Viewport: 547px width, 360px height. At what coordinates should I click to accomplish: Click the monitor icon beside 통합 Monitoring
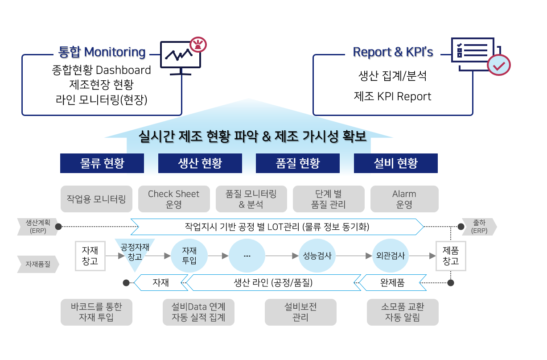pyautogui.click(x=181, y=58)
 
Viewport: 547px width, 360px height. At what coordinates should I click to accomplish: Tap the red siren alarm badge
pyautogui.click(x=198, y=45)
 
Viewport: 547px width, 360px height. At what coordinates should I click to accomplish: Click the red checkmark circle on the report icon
pyautogui.click(x=499, y=65)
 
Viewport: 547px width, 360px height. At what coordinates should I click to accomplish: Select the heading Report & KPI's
pyautogui.click(x=393, y=52)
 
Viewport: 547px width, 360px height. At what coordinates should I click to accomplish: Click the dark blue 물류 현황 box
pyautogui.click(x=102, y=163)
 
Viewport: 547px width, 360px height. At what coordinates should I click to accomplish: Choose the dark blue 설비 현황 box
pyautogui.click(x=395, y=163)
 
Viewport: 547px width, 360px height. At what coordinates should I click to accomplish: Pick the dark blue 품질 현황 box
pyautogui.click(x=298, y=163)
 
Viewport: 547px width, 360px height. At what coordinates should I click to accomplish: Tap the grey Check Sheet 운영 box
pyautogui.click(x=174, y=199)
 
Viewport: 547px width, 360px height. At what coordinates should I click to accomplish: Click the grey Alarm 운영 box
pyautogui.click(x=404, y=199)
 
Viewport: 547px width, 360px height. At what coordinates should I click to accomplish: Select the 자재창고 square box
pyautogui.click(x=90, y=256)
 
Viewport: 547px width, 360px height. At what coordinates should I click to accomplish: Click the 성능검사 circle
pyautogui.click(x=317, y=256)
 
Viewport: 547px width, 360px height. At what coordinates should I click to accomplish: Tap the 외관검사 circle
pyautogui.click(x=391, y=256)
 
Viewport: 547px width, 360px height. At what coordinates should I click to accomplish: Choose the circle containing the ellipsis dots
pyautogui.click(x=247, y=256)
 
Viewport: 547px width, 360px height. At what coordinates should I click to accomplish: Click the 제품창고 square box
pyautogui.click(x=451, y=256)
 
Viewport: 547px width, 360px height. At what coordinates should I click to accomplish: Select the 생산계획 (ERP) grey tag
pyautogui.click(x=37, y=227)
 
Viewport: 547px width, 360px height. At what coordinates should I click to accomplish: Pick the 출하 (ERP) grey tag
pyautogui.click(x=479, y=227)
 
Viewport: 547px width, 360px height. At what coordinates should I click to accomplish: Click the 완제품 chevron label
pyautogui.click(x=392, y=283)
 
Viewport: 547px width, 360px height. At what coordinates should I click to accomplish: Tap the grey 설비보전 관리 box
pyautogui.click(x=300, y=312)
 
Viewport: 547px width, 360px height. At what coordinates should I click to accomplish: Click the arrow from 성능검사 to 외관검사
pyautogui.click(x=354, y=256)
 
